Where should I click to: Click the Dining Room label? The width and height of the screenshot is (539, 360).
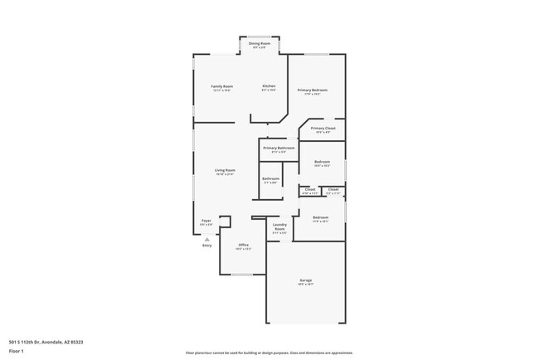point(260,43)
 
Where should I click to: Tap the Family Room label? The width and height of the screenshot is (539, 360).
point(221,86)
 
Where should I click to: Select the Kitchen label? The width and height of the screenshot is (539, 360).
point(269,86)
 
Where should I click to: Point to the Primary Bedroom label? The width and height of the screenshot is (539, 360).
point(313,90)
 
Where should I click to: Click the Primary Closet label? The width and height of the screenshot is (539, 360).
point(323,129)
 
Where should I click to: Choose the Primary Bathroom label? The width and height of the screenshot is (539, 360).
point(279,148)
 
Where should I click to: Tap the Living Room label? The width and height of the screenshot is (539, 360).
point(225,170)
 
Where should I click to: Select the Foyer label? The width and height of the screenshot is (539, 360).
point(206,221)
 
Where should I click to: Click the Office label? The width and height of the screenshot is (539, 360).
point(243,245)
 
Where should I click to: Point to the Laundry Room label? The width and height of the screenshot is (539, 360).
point(279,226)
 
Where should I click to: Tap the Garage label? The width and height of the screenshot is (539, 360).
point(306,280)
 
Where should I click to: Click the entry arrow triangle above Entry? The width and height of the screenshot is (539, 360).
point(206,239)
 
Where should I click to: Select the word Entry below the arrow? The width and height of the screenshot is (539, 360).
point(206,246)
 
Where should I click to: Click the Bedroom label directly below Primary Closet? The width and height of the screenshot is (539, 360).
point(322,162)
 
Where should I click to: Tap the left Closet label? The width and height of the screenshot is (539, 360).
point(309,189)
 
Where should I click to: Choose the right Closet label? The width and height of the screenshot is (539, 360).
point(333,189)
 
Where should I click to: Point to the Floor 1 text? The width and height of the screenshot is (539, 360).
point(17,351)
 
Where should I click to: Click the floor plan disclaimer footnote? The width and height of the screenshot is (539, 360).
point(269,353)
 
